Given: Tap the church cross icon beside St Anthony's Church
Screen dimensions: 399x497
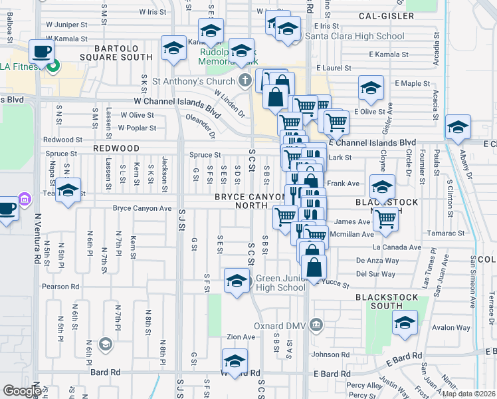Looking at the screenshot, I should (245, 82).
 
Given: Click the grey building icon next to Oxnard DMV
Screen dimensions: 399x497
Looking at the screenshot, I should (316, 326).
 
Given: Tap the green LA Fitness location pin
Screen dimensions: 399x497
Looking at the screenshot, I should (54, 66).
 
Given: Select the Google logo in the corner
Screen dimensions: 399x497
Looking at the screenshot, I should (22, 392).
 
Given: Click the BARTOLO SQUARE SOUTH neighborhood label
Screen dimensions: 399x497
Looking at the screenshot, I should (124, 53).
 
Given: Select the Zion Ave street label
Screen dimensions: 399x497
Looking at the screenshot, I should (241, 337).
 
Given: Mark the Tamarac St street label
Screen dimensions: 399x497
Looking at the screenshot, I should (446, 233).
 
